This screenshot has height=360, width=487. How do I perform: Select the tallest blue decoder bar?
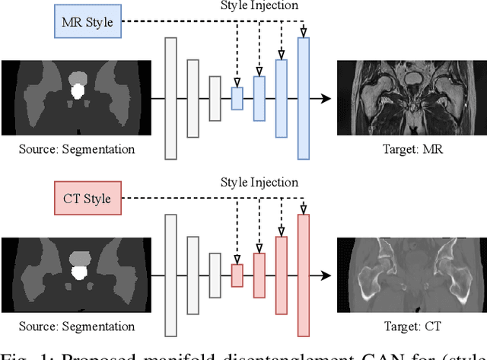coord(304,98)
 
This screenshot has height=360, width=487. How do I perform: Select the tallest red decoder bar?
coord(304,276)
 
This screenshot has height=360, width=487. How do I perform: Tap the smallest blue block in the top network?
coord(237,98)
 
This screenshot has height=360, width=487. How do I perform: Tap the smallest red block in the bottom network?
coord(237,276)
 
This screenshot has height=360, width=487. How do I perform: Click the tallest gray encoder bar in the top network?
coord(170,98)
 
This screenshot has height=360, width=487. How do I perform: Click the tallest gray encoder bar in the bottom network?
coord(170,276)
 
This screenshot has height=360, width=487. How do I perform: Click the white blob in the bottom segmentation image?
coord(77,271)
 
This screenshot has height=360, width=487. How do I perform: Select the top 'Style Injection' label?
coord(259,6)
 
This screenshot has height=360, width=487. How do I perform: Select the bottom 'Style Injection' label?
coord(259,183)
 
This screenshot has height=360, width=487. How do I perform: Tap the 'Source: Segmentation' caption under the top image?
coord(77,149)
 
